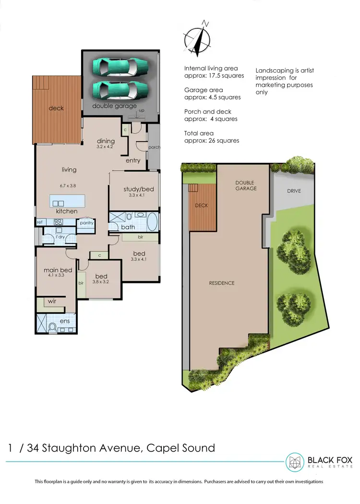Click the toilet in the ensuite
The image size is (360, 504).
click(x=52, y=327)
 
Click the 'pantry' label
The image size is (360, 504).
click(x=86, y=223)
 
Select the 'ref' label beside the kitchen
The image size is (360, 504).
click(x=40, y=222)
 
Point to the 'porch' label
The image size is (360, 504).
click(x=154, y=148)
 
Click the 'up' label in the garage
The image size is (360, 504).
click(x=141, y=111)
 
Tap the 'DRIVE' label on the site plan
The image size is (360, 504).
click(x=294, y=191)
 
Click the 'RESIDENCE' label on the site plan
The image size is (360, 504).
click(x=221, y=283)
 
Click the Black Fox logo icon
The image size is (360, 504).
click(x=295, y=462)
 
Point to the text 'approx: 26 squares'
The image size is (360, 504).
click(x=211, y=141)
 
